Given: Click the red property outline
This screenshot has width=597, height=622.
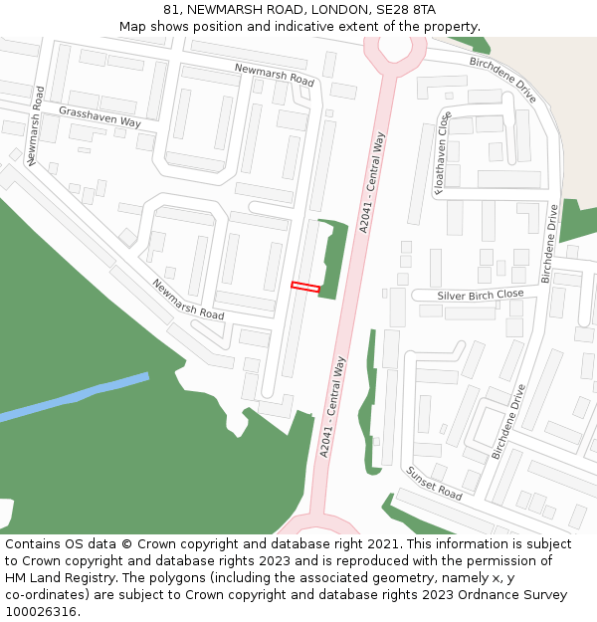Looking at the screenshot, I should click(x=305, y=287).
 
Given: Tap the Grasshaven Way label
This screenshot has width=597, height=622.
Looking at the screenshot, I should click(x=99, y=115).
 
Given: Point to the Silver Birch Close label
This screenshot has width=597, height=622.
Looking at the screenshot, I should click(x=481, y=296).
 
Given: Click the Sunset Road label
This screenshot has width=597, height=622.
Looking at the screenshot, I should click(x=434, y=483).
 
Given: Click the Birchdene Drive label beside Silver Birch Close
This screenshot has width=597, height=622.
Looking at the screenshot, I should click(x=548, y=243).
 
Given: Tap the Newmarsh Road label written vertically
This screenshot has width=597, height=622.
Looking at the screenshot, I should click(x=36, y=125).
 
